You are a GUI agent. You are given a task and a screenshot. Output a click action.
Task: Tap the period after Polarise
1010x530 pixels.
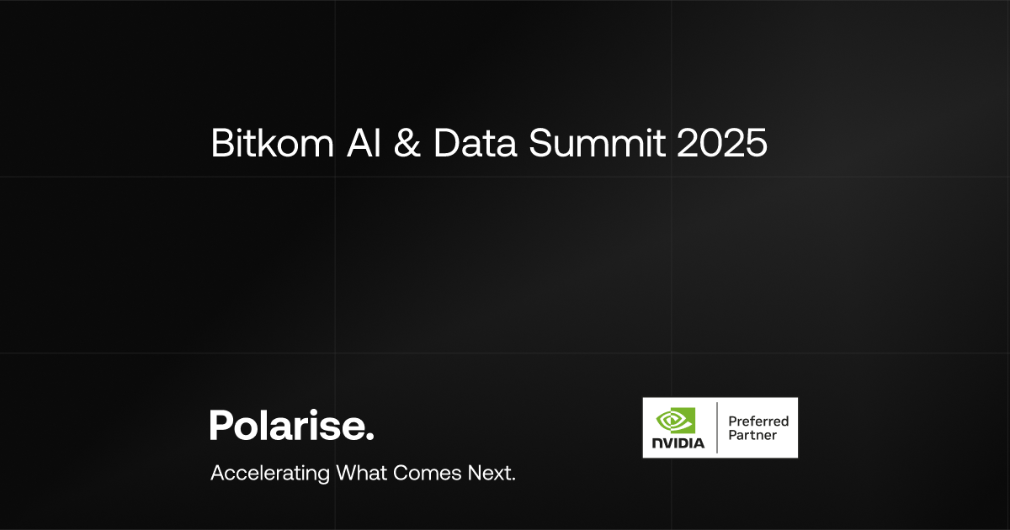click(x=369, y=436)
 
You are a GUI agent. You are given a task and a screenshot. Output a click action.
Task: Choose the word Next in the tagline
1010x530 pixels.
click(x=491, y=472)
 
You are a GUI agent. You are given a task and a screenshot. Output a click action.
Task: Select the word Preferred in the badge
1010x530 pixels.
click(x=758, y=421)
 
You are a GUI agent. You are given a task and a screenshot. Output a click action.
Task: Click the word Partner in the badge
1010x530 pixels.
click(x=752, y=436)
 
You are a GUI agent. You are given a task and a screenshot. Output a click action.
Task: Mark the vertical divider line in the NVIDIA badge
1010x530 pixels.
click(x=717, y=428)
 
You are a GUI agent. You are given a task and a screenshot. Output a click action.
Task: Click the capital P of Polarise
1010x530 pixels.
click(x=220, y=425)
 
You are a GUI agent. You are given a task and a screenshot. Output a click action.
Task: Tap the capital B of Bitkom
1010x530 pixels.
click(x=221, y=144)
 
